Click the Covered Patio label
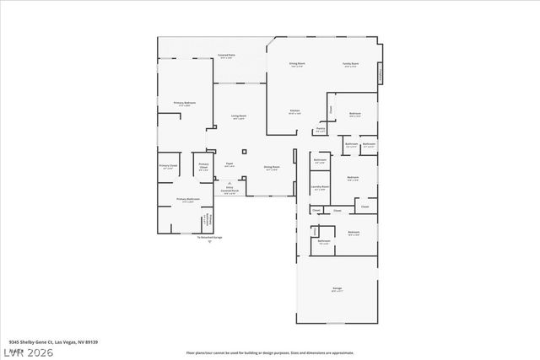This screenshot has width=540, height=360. click(x=227, y=56)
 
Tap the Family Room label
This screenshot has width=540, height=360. click(x=350, y=64)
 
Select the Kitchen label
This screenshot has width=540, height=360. click(x=295, y=111)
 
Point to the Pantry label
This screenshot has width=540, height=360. click(x=321, y=129)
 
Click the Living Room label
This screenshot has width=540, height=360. click(x=239, y=116)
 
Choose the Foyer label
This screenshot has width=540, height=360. click(x=229, y=165)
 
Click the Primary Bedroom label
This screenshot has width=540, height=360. click(x=182, y=104)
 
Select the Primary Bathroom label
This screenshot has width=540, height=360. click(x=186, y=201)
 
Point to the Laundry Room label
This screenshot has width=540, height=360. click(x=319, y=188)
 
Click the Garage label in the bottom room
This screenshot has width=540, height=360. click(x=337, y=289)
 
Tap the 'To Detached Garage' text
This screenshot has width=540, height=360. click(x=210, y=238)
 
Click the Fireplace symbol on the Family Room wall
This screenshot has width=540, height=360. click(x=380, y=73)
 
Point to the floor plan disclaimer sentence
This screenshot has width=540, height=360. click(x=270, y=352)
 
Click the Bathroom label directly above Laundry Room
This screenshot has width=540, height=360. click(x=321, y=160)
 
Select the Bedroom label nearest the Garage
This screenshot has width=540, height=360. click(x=354, y=233)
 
